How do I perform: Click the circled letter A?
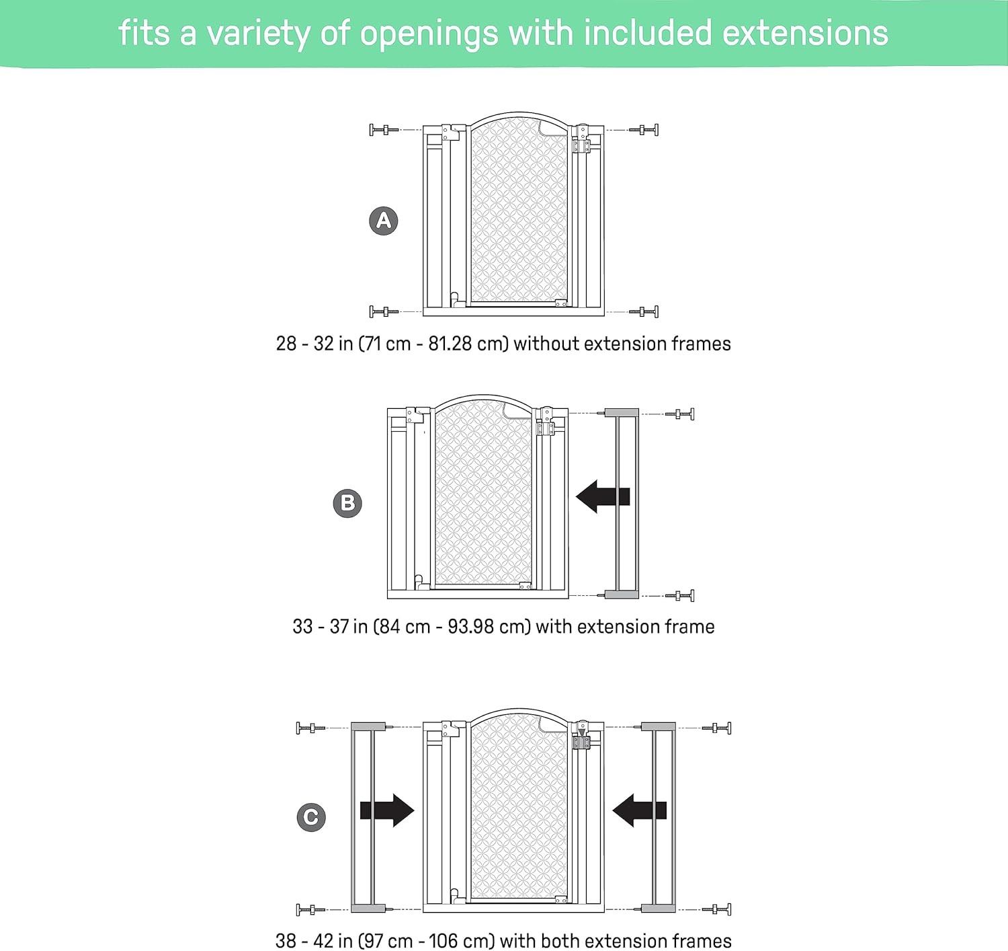(383, 221)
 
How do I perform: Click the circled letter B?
(347, 504)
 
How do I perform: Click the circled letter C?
(311, 817)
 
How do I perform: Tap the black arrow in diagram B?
(603, 496)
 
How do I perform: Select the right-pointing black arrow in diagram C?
(387, 810)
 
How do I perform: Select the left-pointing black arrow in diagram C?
(640, 810)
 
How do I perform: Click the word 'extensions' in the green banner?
(805, 33)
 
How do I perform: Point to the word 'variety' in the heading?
(258, 34)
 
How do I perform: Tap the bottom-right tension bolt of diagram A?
(644, 311)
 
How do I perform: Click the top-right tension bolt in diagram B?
(679, 414)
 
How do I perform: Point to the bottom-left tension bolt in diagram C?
(310, 909)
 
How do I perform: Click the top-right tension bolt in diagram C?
(716, 728)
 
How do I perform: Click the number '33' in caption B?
(302, 627)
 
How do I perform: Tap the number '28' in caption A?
(286, 344)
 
